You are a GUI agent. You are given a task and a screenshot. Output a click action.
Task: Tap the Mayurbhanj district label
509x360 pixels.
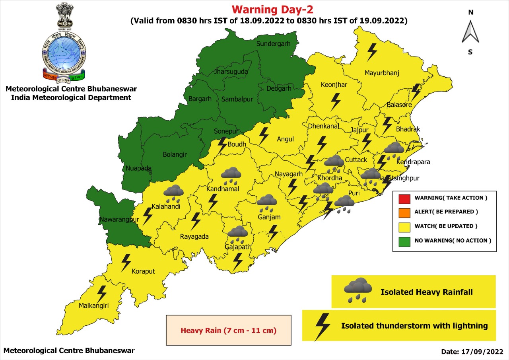pyautogui.click(x=382, y=73)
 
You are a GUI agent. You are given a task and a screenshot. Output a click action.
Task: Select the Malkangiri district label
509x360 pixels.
pyautogui.click(x=93, y=306)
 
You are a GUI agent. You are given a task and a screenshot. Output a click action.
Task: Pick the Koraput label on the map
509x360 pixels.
pyautogui.click(x=143, y=271)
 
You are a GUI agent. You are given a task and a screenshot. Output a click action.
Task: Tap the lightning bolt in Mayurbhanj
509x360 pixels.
pyautogui.click(x=372, y=52)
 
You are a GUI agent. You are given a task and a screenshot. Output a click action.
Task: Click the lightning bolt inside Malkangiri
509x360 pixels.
pyautogui.click(x=102, y=294)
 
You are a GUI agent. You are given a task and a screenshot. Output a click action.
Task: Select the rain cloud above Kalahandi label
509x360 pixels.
pyautogui.click(x=174, y=193)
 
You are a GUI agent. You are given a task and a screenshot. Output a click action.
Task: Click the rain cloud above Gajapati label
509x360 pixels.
pyautogui.click(x=238, y=234)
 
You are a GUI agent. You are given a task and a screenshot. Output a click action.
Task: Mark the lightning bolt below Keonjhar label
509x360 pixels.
pyautogui.click(x=336, y=102)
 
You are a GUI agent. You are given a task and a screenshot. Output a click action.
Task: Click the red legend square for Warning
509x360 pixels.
pyautogui.click(x=404, y=198)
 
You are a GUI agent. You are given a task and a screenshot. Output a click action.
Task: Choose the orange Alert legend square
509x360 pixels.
pyautogui.click(x=404, y=212)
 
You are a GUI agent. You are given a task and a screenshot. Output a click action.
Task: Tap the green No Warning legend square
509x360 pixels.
pyautogui.click(x=404, y=241)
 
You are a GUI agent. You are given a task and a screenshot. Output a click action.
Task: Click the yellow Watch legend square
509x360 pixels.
pyautogui.click(x=404, y=226)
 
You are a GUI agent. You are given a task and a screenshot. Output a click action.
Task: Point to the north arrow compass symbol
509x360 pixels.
pyautogui.click(x=470, y=32)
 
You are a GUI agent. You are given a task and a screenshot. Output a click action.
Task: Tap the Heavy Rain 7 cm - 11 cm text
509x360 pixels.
pyautogui.click(x=229, y=331)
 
